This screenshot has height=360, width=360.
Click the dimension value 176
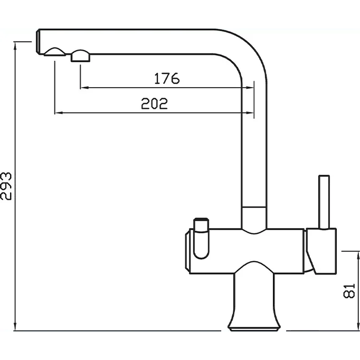(167, 78)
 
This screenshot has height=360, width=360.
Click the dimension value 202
(154, 103)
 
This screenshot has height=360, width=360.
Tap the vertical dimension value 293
(6, 186)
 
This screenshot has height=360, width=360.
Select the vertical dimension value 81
(349, 291)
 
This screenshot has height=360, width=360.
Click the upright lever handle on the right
(324, 202)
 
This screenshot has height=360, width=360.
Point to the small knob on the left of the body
(201, 238)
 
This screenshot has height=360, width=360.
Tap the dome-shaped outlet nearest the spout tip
(55, 52)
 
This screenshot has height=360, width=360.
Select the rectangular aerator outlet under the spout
(80, 55)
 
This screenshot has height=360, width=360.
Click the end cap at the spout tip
(38, 42)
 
